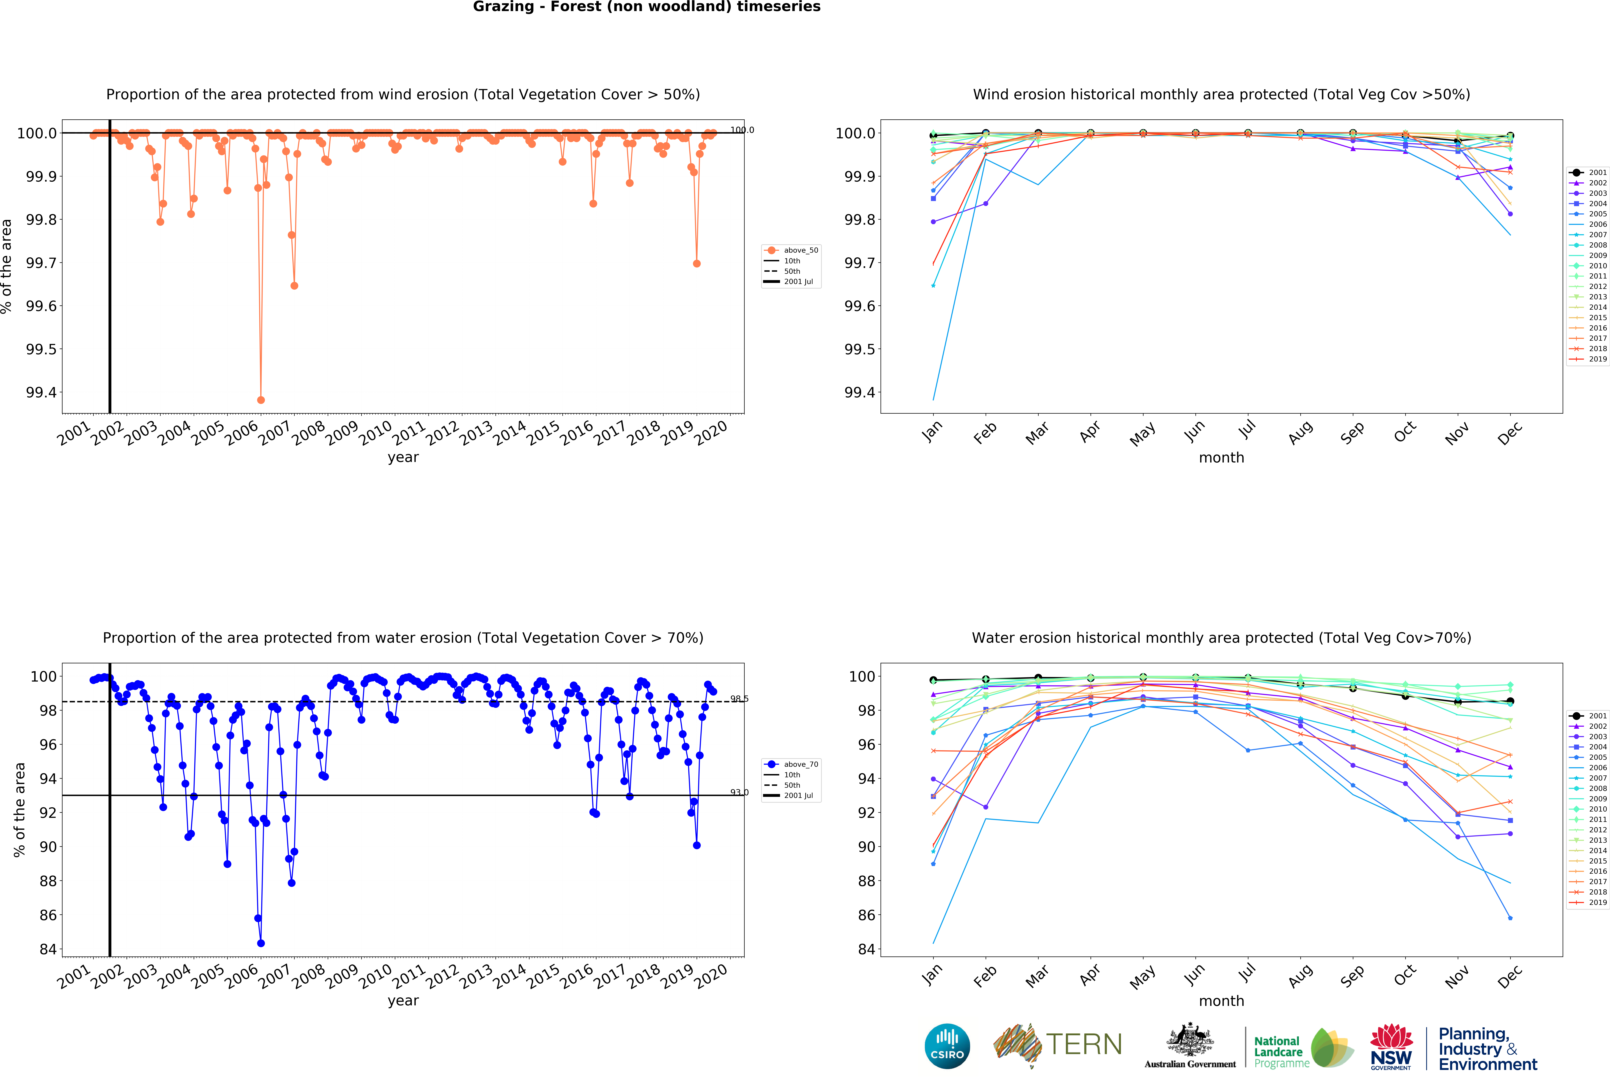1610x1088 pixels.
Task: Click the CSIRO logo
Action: coord(947,1046)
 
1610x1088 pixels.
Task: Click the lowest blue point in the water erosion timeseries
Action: coord(260,943)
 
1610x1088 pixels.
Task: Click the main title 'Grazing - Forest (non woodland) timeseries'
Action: coord(646,7)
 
